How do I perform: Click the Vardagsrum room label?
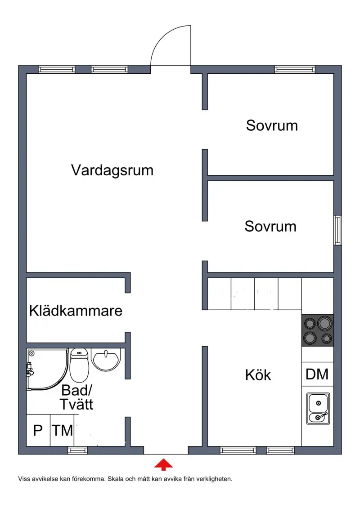[112, 170]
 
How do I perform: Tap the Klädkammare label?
[76, 310]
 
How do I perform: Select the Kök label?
[258, 375]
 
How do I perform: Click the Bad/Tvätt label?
[76, 397]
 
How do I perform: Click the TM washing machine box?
[62, 430]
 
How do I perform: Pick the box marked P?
[38, 430]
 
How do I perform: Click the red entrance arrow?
[163, 464]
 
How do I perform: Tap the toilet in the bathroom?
[79, 365]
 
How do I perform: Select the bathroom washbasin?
[106, 359]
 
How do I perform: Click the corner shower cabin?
[47, 370]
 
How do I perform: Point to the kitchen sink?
[318, 409]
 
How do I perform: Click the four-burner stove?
[318, 330]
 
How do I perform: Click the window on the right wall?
[337, 230]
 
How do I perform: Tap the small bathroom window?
[77, 450]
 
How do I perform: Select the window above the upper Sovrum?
[295, 69]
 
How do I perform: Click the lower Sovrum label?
[270, 227]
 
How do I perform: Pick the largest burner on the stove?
[324, 323]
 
